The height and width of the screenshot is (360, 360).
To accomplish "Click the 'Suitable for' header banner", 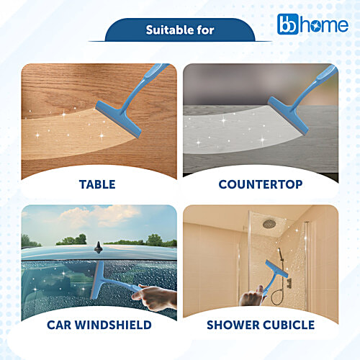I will coord(180,30).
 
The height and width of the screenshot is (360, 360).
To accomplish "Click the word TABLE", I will coord(97,184).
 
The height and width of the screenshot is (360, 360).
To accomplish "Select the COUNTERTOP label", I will coord(261,184).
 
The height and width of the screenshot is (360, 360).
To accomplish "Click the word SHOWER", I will coord(231,325).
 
